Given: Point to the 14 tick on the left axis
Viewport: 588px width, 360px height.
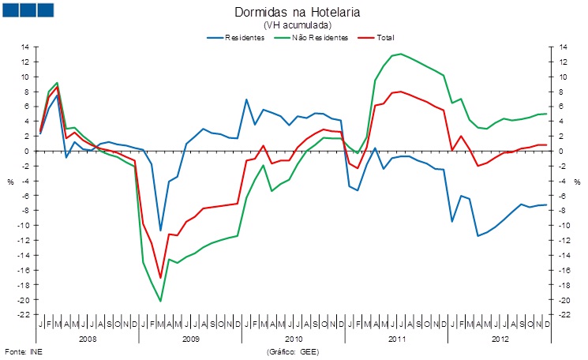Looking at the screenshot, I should point(25,47).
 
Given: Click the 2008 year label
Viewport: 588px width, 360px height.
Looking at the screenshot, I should point(88,338).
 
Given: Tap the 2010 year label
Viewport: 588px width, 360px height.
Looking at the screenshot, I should point(293,338).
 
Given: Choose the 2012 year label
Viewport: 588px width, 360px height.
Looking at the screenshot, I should point(498,338).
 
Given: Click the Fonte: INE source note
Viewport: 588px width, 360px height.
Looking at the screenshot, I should point(22,351).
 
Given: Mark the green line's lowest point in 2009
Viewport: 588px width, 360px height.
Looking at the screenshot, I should point(160,301).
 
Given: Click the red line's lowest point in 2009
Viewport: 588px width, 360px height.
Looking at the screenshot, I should point(160,278).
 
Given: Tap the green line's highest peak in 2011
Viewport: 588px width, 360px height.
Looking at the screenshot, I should point(401,54).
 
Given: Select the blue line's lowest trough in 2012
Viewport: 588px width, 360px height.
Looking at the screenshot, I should point(478,236).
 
